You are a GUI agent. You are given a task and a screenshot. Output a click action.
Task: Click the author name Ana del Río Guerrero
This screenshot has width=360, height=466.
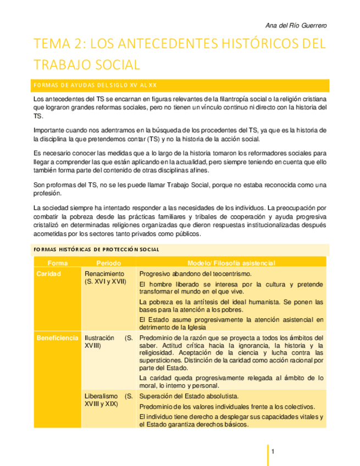coord(296,26)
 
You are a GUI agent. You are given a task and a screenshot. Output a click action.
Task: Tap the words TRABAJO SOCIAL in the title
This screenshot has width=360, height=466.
coord(87,64)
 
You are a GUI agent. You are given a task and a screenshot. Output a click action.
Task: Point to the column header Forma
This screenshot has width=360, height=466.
coord(57,262)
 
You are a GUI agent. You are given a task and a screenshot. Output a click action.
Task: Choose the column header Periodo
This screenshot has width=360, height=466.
coord(108,262)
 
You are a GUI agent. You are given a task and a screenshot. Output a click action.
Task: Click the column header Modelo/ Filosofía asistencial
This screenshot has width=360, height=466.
coord(231,262)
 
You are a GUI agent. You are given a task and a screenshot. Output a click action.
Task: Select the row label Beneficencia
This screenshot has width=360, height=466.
coord(57,337)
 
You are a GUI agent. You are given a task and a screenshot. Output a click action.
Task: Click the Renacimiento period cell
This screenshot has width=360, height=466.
coord(106,278)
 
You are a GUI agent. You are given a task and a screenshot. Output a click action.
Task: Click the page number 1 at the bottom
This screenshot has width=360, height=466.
coord(273,452)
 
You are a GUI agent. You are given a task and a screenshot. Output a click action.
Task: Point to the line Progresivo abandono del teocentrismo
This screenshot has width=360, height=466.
coord(195,274)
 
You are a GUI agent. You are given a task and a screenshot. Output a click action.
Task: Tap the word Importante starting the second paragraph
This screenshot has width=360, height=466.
coord(48,130)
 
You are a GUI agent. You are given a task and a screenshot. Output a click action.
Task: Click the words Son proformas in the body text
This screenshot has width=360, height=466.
coord(55,185)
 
